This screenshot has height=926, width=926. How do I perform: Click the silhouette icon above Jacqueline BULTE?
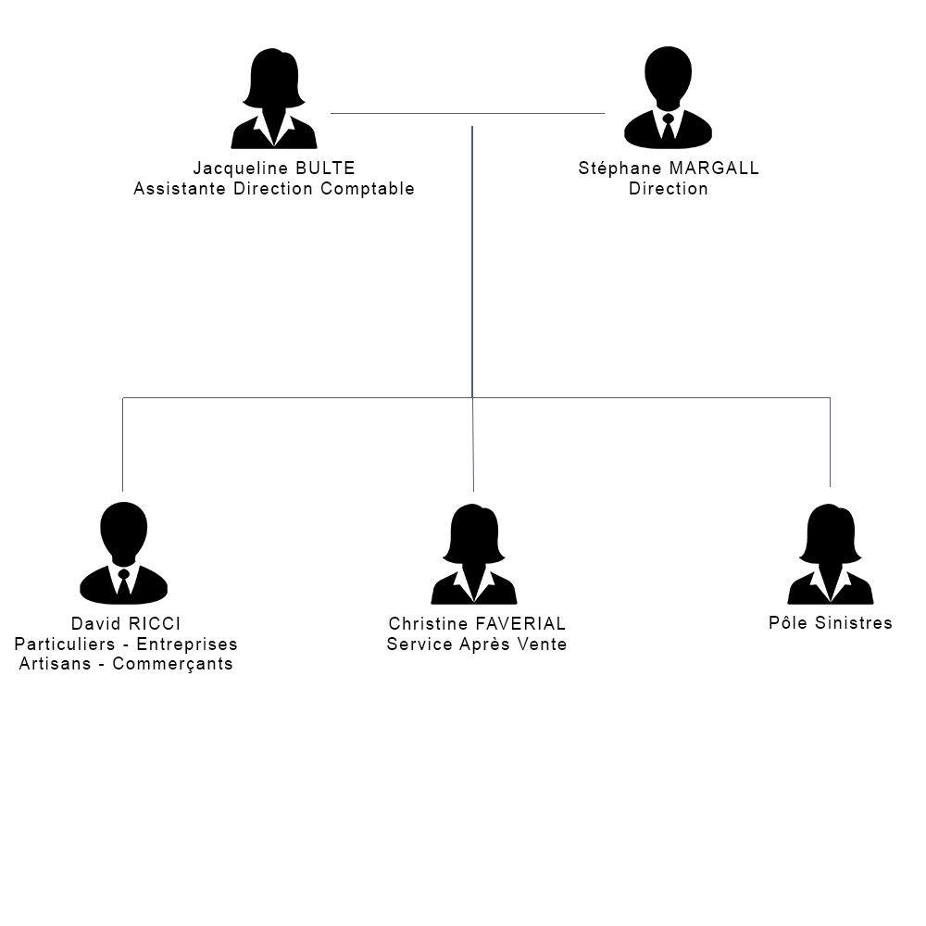tap(274, 98)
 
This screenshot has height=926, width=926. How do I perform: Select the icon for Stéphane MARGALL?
tap(668, 97)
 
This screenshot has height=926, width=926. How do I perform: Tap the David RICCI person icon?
tap(123, 553)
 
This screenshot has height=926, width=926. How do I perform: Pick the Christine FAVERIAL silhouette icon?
tap(474, 554)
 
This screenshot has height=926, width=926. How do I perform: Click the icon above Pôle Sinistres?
tap(831, 554)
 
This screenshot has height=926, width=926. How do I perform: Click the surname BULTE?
tap(325, 169)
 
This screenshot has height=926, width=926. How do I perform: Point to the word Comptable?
tap(368, 189)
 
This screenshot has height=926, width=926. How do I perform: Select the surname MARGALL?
tap(714, 169)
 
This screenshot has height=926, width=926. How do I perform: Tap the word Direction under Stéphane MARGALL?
tap(668, 189)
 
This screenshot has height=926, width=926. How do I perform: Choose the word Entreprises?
tap(187, 644)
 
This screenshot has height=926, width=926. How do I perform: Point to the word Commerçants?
tap(172, 664)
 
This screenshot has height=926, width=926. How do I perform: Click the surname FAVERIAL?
tap(520, 623)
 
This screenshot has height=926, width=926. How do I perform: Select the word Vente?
tap(542, 644)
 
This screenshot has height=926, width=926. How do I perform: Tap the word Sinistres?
tap(854, 622)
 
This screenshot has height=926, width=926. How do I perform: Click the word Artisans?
tap(55, 664)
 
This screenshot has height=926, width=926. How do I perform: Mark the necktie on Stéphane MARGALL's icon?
tap(668, 126)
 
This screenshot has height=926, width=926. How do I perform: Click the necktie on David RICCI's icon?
tap(123, 582)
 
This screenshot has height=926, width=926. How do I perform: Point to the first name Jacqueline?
tap(241, 169)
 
